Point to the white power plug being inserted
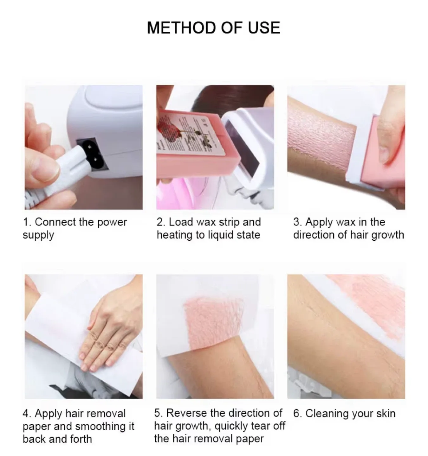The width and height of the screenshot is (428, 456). (63, 177)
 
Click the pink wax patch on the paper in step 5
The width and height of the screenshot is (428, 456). (209, 320)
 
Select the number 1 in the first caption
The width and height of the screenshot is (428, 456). (26, 222)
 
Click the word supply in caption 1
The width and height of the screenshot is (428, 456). (38, 235)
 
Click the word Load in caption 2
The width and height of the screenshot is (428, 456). (181, 222)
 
